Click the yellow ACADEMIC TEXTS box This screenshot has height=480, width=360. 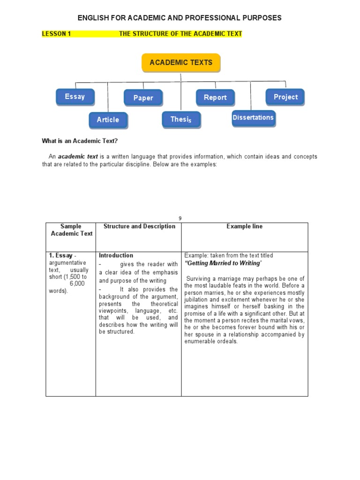tap(181, 63)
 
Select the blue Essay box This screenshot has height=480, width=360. tap(75, 97)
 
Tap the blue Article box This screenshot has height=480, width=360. tap(108, 120)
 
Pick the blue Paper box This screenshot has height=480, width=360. tap(143, 97)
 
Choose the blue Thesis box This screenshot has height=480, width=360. tap(181, 120)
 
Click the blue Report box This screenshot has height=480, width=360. tap(215, 97)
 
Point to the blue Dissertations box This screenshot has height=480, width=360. tap(253, 118)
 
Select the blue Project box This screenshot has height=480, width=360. tap(285, 97)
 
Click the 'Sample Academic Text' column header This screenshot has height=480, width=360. tap(71, 230)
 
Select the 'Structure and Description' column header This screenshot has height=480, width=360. tap(139, 226)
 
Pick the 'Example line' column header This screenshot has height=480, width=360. tap(244, 226)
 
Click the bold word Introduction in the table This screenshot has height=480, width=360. tap(116, 255)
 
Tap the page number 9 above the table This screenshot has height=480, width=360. tap(180, 218)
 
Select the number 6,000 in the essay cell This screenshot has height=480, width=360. tap(77, 284)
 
